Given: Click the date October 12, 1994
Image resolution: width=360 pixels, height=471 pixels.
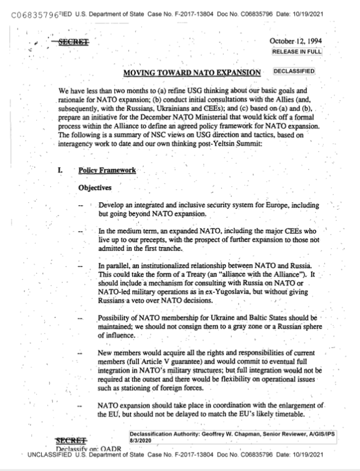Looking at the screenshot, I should (x=296, y=41).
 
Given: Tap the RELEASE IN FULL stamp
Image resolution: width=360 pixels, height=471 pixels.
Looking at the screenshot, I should (x=297, y=51).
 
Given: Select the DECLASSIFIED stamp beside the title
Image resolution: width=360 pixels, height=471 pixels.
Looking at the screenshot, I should (x=294, y=72).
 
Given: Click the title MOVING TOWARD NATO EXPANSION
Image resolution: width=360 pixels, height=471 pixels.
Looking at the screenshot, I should (x=192, y=73).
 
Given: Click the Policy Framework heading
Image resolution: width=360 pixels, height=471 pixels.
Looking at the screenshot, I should (x=107, y=170).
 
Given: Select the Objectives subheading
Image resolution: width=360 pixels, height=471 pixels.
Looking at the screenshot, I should (x=95, y=188).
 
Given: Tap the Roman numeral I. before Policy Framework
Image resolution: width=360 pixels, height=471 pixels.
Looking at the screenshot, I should (x=59, y=170).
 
